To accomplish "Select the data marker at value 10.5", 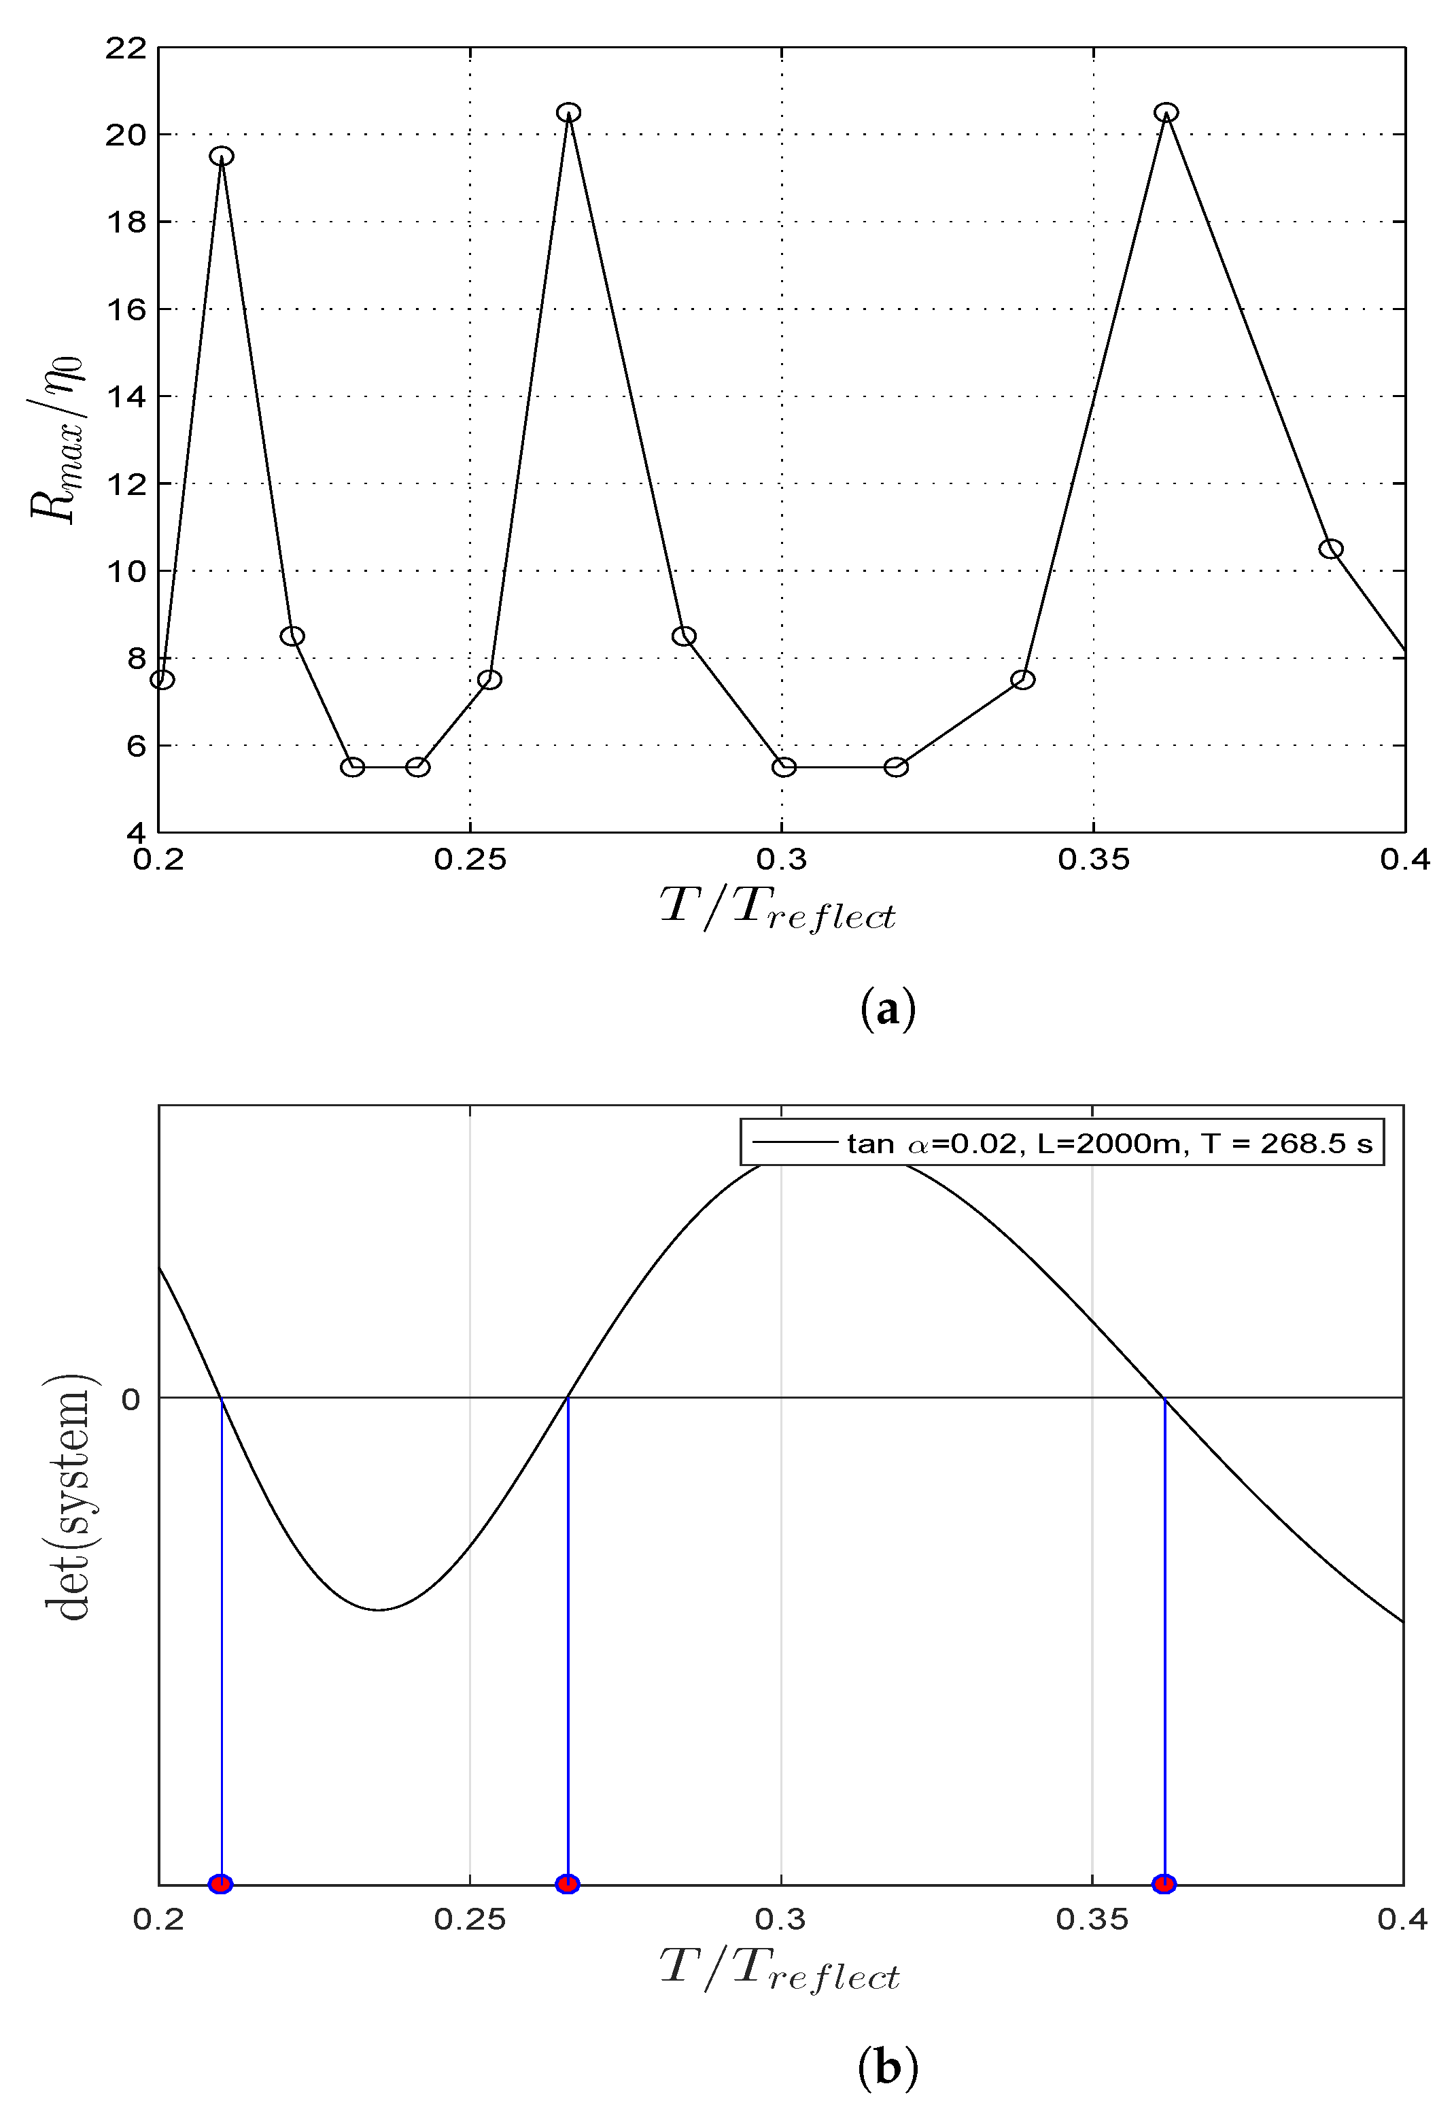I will click(1331, 549).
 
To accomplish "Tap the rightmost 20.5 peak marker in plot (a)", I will click(1166, 113).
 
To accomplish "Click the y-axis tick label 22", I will click(125, 48).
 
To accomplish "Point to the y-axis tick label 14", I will click(125, 396).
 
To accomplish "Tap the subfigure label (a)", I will click(886, 1010).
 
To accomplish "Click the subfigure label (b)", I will click(886, 2068).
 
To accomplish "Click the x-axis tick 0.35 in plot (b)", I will click(1092, 1920).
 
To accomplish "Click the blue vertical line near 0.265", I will click(568, 1640).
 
